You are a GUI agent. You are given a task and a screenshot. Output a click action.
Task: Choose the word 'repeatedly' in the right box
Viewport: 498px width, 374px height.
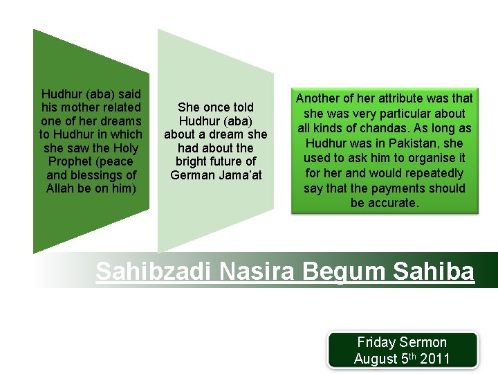(x=430, y=173)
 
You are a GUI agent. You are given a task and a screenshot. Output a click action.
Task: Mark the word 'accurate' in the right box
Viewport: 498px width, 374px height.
(x=394, y=203)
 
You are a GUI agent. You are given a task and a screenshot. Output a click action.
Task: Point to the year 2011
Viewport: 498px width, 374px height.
(x=435, y=359)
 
